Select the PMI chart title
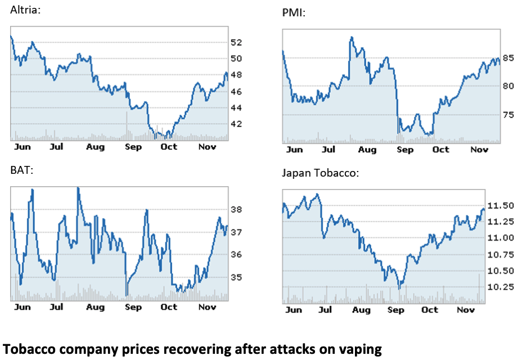(294, 12)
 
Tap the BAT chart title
(22, 169)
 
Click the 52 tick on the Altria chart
(236, 42)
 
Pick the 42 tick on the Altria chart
(236, 124)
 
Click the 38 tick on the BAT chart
(236, 210)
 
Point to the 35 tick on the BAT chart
(236, 277)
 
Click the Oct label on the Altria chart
(169, 147)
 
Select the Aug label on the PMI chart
(367, 150)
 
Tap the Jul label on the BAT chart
(56, 307)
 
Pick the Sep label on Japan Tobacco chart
(396, 310)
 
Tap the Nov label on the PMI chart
(479, 150)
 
